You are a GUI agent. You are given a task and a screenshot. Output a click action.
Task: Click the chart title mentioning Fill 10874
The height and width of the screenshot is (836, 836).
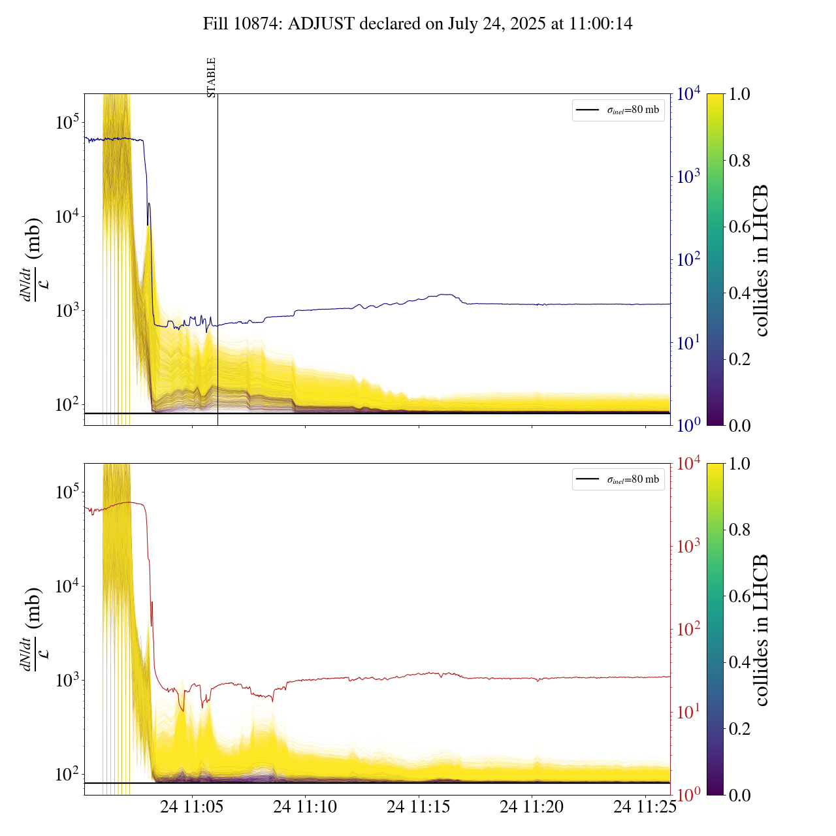[x=417, y=24]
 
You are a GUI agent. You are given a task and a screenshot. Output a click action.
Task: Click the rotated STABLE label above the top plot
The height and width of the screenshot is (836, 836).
[x=211, y=78]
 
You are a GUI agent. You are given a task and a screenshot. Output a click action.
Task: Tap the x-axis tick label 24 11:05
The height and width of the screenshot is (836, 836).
[x=192, y=807]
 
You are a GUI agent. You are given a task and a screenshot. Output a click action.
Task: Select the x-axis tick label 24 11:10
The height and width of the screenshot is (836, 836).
[x=305, y=807]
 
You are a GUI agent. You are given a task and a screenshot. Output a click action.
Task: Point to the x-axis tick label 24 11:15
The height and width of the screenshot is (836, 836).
[x=419, y=807]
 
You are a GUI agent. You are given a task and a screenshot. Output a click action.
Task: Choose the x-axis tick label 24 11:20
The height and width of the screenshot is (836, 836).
[x=532, y=807]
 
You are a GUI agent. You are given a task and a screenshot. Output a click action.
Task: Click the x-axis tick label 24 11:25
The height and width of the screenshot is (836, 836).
[x=645, y=807]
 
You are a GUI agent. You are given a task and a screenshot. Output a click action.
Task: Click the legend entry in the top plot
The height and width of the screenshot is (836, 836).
[x=619, y=110]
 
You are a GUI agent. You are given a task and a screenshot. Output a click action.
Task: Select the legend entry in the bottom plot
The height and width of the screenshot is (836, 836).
[x=619, y=479]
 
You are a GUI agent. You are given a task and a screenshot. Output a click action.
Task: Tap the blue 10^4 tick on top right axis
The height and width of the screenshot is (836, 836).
[x=688, y=94]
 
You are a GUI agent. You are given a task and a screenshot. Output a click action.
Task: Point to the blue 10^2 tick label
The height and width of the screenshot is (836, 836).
[x=688, y=260]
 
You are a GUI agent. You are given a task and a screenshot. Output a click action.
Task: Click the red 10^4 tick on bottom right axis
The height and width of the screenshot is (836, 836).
[x=688, y=464]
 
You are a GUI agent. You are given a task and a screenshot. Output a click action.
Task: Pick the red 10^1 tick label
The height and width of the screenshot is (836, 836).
[x=688, y=712]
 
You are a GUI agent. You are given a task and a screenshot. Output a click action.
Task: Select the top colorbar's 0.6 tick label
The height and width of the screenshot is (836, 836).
[x=739, y=227]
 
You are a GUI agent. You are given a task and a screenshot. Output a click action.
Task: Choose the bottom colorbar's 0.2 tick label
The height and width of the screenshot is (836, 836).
[x=739, y=728]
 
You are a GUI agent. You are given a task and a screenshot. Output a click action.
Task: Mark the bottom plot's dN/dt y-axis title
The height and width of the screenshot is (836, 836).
[x=32, y=630]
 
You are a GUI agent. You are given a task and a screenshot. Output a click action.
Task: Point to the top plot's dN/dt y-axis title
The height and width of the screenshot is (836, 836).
[x=32, y=260]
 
